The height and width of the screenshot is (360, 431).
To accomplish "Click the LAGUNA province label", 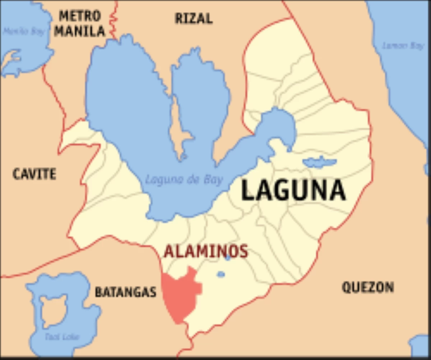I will [293, 190].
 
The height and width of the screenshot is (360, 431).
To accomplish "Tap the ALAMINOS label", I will [205, 251].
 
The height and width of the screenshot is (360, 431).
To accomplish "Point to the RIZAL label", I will [194, 18].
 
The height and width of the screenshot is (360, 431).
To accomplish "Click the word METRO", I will [80, 16].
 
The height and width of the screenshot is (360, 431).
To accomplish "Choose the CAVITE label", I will [34, 174].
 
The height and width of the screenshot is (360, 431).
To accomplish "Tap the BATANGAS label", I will [126, 292].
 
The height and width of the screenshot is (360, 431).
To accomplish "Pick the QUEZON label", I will [368, 287].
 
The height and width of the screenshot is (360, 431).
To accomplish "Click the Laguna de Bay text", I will [184, 179].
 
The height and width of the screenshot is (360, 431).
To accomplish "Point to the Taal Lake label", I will [62, 337].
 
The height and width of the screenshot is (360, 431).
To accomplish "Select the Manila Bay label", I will [24, 32].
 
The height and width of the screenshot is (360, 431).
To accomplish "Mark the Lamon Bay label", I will [403, 46].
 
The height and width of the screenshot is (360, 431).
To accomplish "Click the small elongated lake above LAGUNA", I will [319, 162].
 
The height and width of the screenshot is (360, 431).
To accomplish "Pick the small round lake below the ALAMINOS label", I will [221, 275].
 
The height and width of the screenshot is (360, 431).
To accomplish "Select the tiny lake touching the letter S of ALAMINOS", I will [227, 257].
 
